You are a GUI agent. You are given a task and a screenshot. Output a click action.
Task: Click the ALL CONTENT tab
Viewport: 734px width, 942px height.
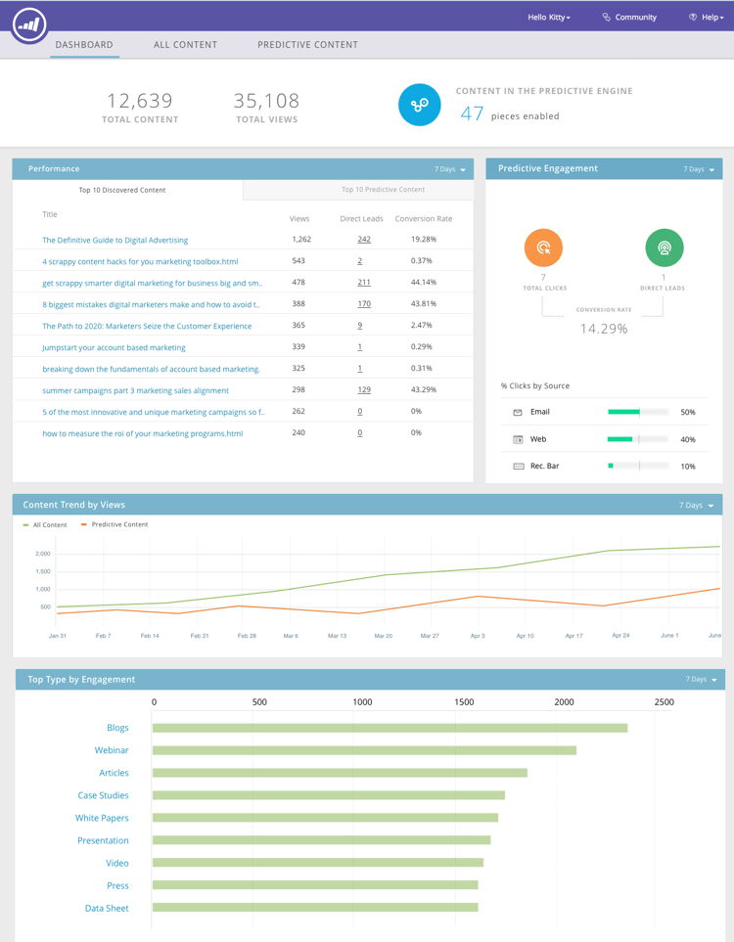pos(185,45)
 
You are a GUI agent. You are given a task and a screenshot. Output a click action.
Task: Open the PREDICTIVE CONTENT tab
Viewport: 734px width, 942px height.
pos(307,45)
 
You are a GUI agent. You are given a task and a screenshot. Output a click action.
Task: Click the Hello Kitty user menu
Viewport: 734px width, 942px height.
pos(548,18)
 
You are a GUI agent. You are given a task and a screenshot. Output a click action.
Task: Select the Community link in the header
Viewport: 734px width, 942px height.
pos(629,18)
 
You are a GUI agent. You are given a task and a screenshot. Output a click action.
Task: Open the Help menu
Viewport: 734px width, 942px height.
pos(706,18)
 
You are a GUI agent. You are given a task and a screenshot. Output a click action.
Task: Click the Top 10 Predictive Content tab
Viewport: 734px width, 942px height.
pos(383,190)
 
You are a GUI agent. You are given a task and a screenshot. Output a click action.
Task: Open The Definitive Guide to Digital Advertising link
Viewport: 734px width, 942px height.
pos(115,240)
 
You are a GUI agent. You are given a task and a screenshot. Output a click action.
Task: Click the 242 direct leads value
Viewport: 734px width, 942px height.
pos(364,240)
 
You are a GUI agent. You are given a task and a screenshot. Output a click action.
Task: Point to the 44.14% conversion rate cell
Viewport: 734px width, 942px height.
pos(424,282)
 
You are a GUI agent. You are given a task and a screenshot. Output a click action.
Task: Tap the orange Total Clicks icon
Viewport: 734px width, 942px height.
pos(543,247)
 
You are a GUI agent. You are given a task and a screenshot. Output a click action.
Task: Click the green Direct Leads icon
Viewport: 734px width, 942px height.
pos(664,247)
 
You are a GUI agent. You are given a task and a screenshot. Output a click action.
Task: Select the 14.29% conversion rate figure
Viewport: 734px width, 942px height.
pos(604,329)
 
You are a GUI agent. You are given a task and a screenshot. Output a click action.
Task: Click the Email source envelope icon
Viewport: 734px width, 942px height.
pos(518,413)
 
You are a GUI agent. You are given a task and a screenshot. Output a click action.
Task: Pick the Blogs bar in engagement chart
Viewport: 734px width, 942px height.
pos(390,728)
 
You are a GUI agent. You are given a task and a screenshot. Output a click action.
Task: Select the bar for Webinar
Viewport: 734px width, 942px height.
pos(364,750)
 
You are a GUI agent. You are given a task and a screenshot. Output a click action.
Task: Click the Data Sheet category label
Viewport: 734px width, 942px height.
pos(107,909)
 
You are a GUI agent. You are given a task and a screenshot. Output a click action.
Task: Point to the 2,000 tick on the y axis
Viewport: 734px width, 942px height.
pos(43,554)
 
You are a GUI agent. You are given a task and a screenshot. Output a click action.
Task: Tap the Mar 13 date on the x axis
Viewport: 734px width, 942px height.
pos(337,636)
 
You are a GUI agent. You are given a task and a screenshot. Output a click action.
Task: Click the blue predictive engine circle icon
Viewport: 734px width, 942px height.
pos(419,105)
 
